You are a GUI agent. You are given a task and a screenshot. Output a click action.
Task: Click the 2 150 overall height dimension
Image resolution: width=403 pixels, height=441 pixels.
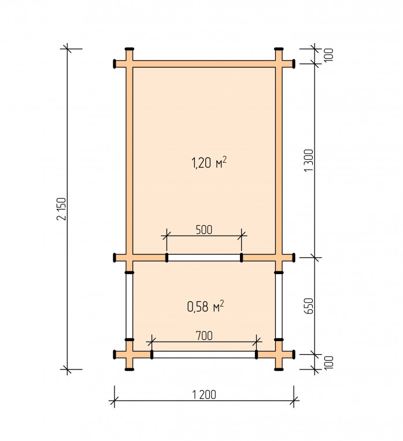(x=62, y=209)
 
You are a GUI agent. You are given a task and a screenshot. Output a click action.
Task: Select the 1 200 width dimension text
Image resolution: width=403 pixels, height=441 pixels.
(x=204, y=395)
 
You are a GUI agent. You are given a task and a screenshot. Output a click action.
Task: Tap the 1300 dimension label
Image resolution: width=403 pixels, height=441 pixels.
(x=309, y=160)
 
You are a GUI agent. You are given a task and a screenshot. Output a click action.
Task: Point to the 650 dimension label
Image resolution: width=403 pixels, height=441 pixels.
(x=309, y=306)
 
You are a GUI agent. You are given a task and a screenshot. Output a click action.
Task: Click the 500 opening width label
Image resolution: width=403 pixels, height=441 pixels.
(x=204, y=230)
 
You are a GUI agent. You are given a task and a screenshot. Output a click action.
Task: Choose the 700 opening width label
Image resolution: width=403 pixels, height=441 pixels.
(x=204, y=335)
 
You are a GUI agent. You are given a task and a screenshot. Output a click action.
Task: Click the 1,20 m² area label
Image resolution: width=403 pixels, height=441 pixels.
(x=209, y=162)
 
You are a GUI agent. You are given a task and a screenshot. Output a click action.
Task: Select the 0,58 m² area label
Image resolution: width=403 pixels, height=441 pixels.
(x=205, y=306)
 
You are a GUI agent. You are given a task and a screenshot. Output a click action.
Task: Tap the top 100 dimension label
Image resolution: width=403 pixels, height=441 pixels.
(x=329, y=55)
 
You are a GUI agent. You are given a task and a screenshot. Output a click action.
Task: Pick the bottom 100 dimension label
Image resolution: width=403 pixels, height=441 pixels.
(x=329, y=362)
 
